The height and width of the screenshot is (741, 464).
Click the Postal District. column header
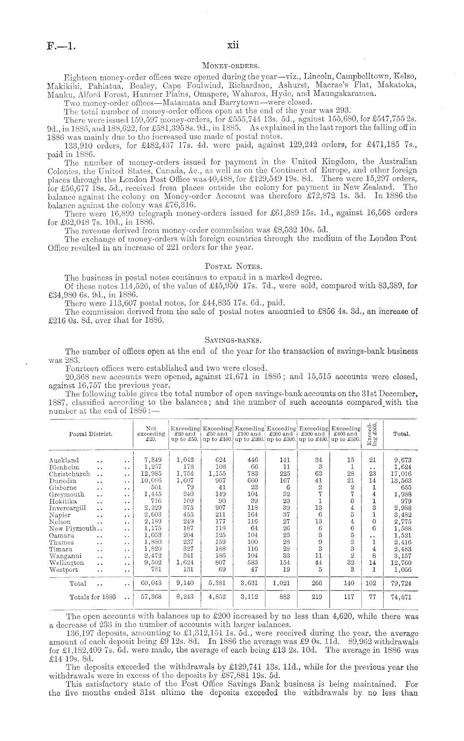pos(90,434)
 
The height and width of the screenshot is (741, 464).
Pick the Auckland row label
pos(64,460)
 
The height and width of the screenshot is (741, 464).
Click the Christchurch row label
pos(69,474)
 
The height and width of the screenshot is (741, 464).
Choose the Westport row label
pos(63,569)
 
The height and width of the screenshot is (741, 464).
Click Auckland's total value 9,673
pos(403,460)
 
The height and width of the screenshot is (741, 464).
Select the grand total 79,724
pos(403,583)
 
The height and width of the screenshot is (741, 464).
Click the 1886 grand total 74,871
pos(403,596)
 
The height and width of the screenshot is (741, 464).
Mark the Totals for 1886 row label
pos(92,596)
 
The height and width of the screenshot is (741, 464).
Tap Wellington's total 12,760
pos(403,563)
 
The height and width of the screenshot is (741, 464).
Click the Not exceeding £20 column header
pos(151,434)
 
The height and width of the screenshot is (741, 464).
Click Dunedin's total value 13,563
pos(403,481)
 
